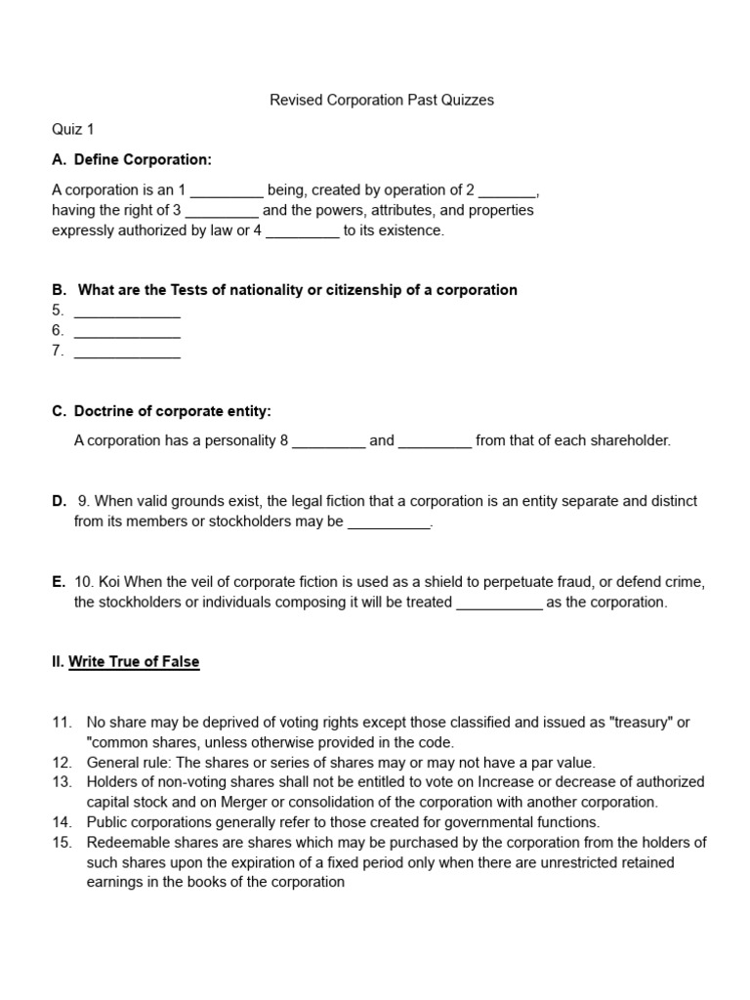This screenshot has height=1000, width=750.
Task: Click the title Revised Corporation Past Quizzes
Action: (x=381, y=100)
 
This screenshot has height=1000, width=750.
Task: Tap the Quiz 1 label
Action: (x=73, y=129)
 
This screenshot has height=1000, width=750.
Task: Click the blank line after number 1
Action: (x=226, y=190)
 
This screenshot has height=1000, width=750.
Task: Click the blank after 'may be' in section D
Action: (x=389, y=521)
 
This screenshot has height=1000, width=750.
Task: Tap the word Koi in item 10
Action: (x=107, y=582)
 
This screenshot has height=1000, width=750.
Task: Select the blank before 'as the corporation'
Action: (x=499, y=603)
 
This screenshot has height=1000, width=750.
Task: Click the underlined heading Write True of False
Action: (x=134, y=662)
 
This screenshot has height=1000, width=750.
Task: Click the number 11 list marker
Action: (x=62, y=723)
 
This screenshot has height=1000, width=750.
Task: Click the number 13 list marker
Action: (x=62, y=782)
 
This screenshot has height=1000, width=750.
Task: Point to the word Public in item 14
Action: (x=106, y=822)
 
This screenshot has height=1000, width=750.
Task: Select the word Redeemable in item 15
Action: (x=125, y=843)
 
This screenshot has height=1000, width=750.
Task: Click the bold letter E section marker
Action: (x=58, y=582)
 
